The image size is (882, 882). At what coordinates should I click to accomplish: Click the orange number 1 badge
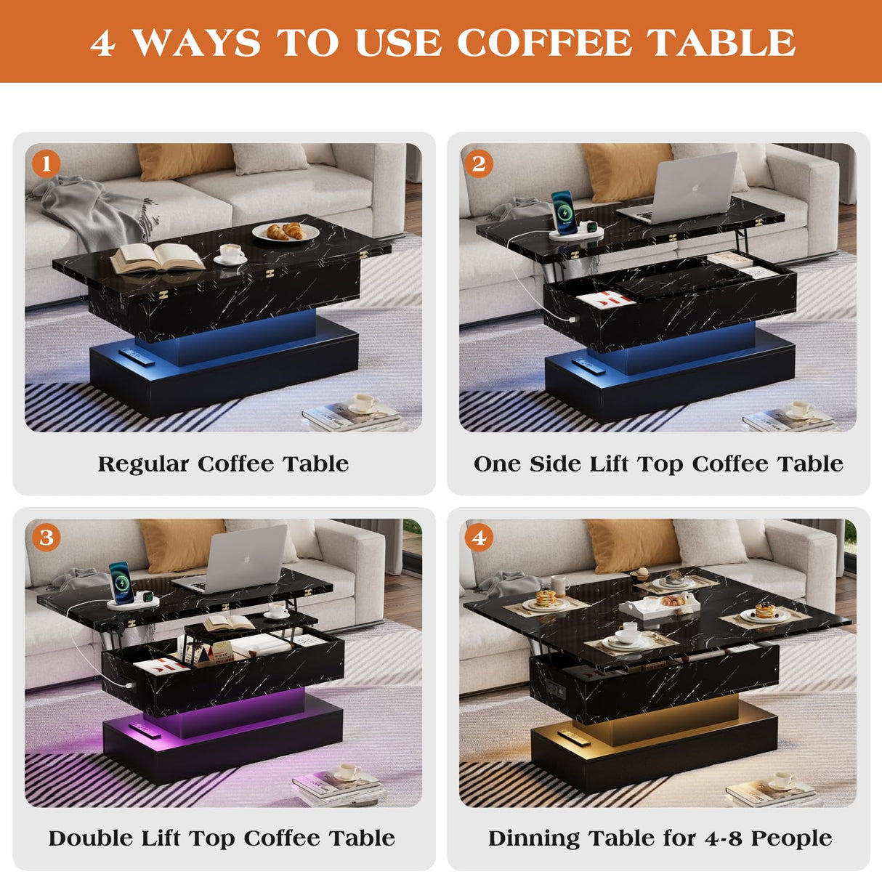(46, 163)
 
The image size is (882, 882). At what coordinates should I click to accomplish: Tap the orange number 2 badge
(479, 163)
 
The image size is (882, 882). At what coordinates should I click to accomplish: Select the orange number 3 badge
(46, 538)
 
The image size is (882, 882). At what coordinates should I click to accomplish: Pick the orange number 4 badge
(479, 538)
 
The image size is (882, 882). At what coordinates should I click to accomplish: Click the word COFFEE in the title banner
(544, 42)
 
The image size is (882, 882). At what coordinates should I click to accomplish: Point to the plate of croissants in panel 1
(286, 232)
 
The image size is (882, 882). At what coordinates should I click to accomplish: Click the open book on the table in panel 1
(157, 257)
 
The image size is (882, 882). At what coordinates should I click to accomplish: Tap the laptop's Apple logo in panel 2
(695, 187)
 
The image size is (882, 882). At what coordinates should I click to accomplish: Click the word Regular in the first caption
(143, 464)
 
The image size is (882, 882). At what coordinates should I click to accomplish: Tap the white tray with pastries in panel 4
(660, 604)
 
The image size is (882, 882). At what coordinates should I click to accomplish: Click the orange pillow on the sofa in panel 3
(182, 545)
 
